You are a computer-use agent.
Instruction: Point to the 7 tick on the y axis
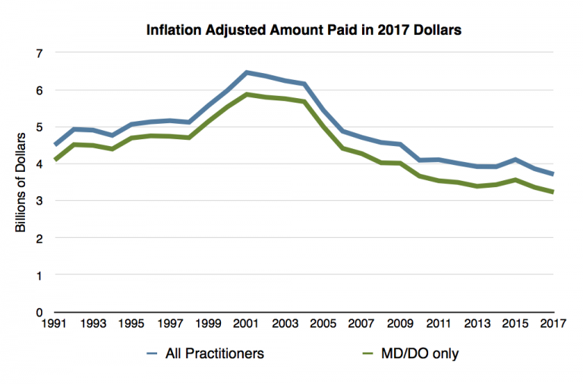(39, 53)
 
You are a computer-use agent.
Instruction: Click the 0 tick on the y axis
(39, 312)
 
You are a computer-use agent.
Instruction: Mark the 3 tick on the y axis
(39, 201)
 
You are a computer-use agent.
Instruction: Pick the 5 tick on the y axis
(39, 127)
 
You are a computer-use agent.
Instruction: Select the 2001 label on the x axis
(244, 323)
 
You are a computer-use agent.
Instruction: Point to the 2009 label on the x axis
(399, 323)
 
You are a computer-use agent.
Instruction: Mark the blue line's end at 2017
(553, 174)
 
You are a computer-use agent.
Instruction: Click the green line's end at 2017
(553, 192)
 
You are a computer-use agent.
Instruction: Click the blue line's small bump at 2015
(515, 160)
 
